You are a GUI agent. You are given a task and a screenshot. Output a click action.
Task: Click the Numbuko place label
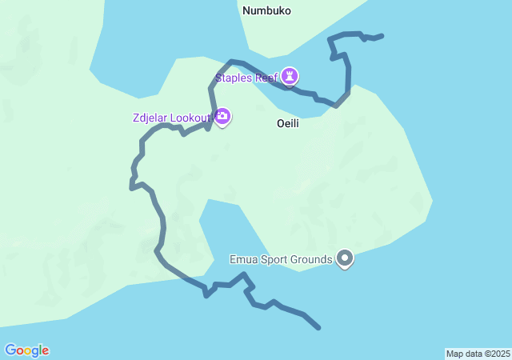tap(266, 11)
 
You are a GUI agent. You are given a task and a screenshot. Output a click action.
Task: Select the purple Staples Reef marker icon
tap(290, 77)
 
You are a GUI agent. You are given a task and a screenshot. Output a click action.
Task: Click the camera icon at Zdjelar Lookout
tap(222, 118)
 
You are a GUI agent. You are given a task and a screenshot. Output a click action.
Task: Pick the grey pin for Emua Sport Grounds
tap(345, 258)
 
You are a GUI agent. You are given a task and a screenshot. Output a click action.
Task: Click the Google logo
tap(26, 350)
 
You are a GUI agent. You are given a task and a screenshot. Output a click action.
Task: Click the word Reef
tap(266, 78)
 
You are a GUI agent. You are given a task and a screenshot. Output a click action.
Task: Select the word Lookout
tap(192, 118)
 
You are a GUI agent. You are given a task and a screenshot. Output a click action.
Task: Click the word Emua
tap(243, 260)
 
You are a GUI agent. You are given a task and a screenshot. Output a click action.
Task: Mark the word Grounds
tap(312, 260)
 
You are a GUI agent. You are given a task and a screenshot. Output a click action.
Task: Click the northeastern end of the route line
tap(382, 35)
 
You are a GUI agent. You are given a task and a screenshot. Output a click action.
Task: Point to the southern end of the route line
tap(319, 328)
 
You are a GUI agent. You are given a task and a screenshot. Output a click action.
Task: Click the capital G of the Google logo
tap(10, 350)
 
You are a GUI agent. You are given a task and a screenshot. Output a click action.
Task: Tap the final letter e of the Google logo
tap(45, 351)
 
